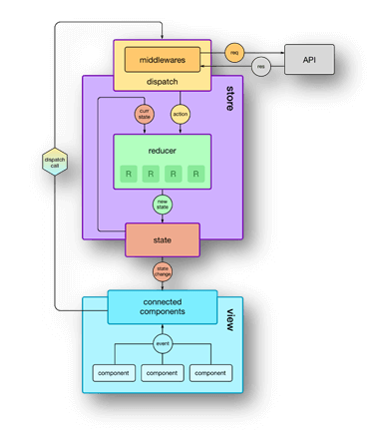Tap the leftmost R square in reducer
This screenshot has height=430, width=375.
(129, 175)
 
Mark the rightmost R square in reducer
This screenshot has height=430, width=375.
(195, 175)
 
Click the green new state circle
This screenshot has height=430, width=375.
(162, 205)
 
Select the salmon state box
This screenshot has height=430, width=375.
(162, 239)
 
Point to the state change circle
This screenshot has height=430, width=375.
(162, 271)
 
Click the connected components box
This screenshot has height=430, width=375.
(162, 307)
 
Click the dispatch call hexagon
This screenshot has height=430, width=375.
(55, 163)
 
